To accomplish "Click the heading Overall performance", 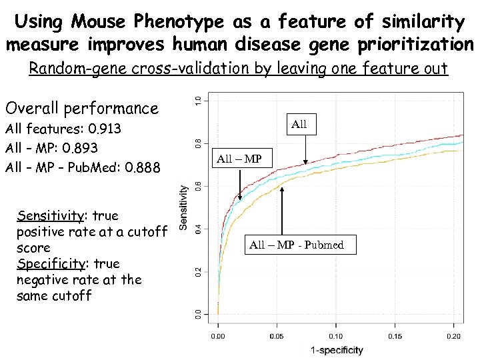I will click(81, 108).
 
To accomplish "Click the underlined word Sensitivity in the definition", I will click(51, 216).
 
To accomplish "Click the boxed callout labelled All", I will click(299, 124).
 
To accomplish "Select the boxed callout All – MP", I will click(239, 159).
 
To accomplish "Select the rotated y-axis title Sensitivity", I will click(183, 207).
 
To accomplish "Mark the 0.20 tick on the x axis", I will click(455, 336).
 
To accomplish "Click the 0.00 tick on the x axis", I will click(217, 336).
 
